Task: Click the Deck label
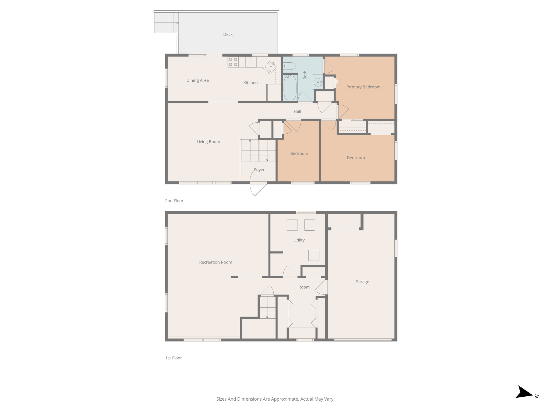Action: click(x=228, y=34)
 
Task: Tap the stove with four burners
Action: click(x=233, y=62)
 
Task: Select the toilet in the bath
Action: click(x=289, y=66)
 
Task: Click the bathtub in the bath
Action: click(x=290, y=88)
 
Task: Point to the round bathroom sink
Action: click(x=318, y=82)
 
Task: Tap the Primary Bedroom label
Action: click(x=363, y=87)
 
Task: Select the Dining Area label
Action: click(x=197, y=80)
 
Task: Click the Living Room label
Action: click(x=208, y=142)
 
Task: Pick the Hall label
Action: click(x=297, y=111)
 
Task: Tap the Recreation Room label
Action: click(x=216, y=262)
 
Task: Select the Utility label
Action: click(x=299, y=240)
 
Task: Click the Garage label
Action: click(x=362, y=282)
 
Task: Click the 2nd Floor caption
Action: click(x=174, y=201)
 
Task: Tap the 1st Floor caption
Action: click(x=174, y=358)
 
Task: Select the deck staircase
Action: click(x=166, y=23)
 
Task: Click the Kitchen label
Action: click(x=250, y=83)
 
